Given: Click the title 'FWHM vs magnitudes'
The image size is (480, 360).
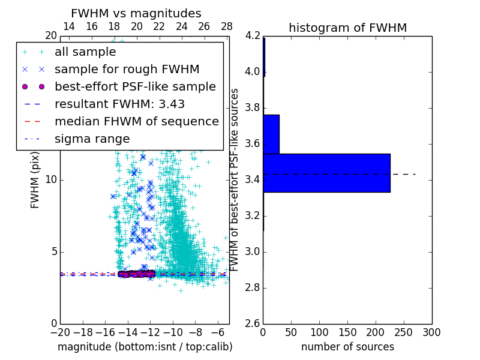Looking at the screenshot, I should click(x=136, y=13).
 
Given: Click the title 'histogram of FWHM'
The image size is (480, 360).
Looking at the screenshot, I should click(x=347, y=28).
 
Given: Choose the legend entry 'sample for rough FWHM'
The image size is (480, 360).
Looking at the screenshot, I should click(x=127, y=70).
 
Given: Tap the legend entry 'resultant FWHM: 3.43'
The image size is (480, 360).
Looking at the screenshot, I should click(x=119, y=104).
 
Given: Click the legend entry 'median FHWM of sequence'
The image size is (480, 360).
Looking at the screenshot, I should click(x=136, y=121).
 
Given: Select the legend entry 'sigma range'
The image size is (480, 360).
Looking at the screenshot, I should click(x=92, y=139).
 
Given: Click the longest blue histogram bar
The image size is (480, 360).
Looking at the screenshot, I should click(x=326, y=173).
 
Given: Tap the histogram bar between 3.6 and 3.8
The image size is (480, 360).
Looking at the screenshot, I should click(x=271, y=134).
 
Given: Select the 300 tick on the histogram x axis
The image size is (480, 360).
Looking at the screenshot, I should click(x=431, y=332).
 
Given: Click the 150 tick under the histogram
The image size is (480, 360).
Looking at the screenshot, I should click(x=347, y=332).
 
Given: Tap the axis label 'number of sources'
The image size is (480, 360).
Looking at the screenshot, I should click(x=347, y=347).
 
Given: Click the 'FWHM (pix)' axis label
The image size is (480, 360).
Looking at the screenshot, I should click(x=35, y=179).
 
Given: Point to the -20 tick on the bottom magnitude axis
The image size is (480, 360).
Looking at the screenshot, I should click(x=60, y=332).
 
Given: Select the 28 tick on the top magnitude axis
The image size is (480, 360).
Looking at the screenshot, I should click(x=227, y=26).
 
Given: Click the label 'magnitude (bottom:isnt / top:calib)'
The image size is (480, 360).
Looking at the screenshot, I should click(x=145, y=347).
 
